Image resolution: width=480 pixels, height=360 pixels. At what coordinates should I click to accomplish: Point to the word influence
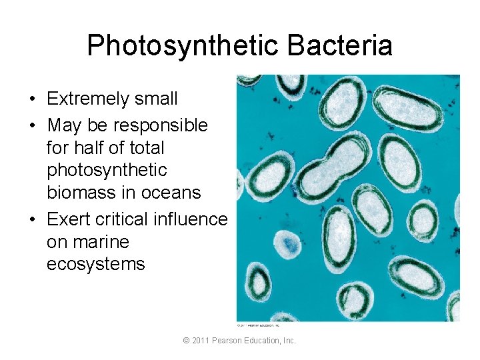click(x=193, y=219)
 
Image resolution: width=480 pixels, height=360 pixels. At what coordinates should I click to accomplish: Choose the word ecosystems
click(x=95, y=264)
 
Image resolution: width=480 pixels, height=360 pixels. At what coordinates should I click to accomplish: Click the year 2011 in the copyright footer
click(x=201, y=341)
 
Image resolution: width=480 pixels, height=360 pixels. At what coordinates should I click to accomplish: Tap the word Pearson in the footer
click(x=228, y=341)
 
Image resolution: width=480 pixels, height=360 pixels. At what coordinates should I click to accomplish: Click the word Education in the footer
click(x=264, y=341)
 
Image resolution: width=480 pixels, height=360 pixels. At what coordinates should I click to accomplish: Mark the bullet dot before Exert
click(x=32, y=219)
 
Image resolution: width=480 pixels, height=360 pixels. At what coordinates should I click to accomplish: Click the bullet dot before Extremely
click(x=32, y=100)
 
